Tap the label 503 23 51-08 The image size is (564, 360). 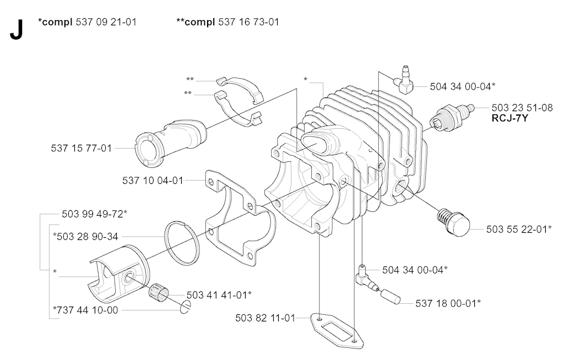coord(522,108)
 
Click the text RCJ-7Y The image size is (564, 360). coord(510,118)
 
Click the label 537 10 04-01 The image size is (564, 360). coord(153,179)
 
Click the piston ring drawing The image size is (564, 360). coord(181,242)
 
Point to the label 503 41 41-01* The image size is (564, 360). coord(219,294)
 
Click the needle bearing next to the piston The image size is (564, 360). coord(164,293)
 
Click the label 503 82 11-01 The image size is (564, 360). coord(265,318)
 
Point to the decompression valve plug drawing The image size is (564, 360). coord(453,220)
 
